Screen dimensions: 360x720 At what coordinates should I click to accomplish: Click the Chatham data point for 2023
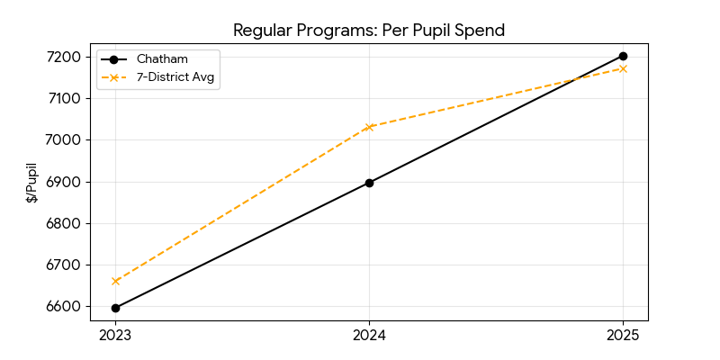(115, 308)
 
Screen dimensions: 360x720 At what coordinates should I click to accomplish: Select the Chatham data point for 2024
(369, 183)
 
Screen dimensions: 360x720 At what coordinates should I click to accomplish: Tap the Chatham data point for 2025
(623, 56)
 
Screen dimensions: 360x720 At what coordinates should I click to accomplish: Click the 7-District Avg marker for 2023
(115, 281)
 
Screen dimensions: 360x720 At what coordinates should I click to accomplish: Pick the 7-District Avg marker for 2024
(369, 127)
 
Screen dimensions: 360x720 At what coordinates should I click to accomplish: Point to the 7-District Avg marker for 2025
(623, 68)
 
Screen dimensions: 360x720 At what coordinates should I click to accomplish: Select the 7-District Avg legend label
(177, 77)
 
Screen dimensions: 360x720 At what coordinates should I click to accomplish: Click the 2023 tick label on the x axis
(115, 336)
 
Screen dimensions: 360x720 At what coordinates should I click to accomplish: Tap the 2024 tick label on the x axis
(369, 336)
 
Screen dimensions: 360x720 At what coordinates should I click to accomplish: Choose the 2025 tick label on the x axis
(623, 336)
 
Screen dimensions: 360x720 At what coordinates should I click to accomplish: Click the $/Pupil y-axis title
(31, 183)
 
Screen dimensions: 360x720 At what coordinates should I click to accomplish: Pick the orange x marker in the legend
(114, 77)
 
